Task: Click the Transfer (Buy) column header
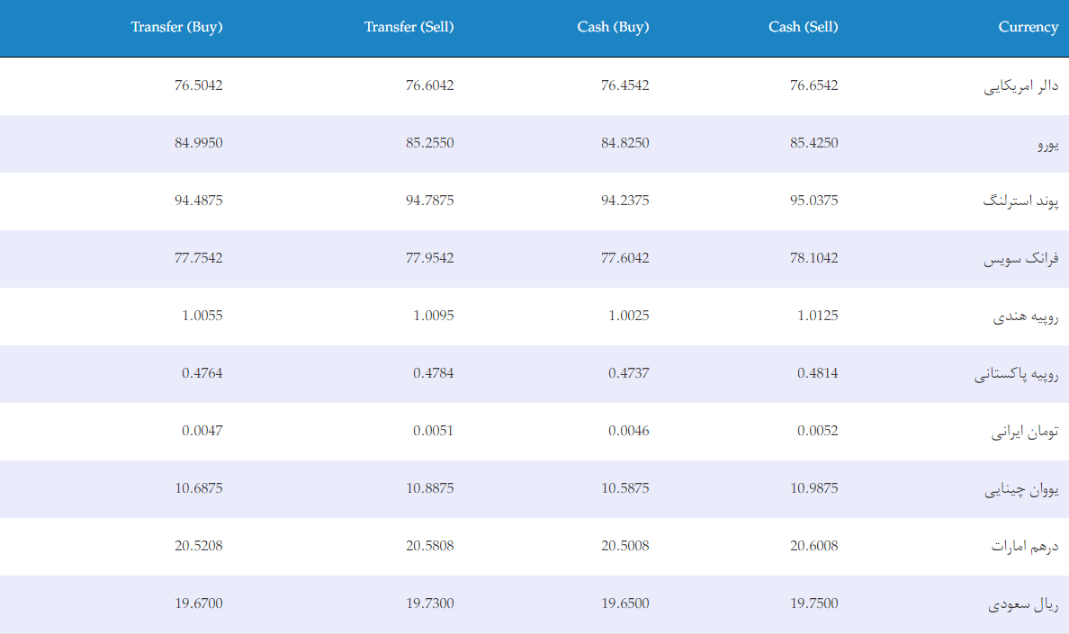(176, 27)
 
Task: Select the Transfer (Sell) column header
(409, 27)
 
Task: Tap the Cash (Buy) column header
(613, 27)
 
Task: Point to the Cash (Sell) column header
(804, 27)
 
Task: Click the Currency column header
(1029, 27)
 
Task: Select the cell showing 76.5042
(198, 85)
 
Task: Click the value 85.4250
(814, 143)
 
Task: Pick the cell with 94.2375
(625, 201)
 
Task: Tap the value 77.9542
(429, 258)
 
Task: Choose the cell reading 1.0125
(817, 316)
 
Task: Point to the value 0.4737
(629, 373)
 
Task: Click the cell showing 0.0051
(433, 431)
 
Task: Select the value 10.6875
(198, 488)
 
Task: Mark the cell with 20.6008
(814, 546)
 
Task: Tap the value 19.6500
(625, 603)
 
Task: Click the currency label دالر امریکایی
(1020, 86)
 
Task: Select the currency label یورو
(1048, 145)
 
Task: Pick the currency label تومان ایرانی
(1025, 432)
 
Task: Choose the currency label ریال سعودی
(1023, 604)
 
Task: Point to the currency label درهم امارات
(1025, 546)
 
